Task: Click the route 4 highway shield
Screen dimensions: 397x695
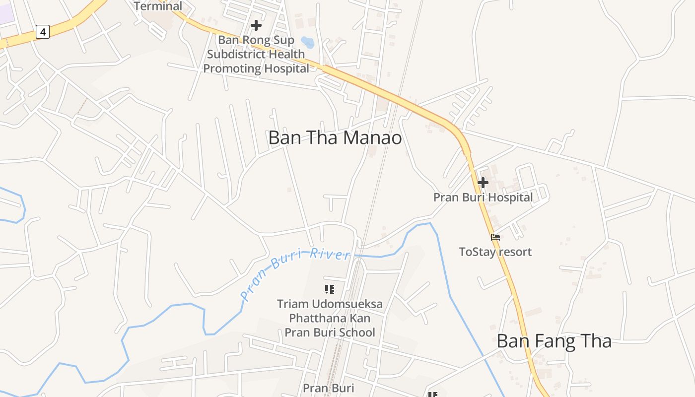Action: tap(43, 32)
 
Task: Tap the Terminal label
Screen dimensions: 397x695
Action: tap(158, 6)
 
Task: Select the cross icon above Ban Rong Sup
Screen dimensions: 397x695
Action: tap(256, 25)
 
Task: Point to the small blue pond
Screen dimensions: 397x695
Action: tap(308, 43)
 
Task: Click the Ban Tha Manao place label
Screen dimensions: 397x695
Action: tap(335, 138)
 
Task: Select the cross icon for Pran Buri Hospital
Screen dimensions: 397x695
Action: tap(483, 183)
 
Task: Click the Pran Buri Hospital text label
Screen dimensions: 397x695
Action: tap(483, 198)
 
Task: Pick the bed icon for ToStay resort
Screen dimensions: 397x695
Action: tap(495, 237)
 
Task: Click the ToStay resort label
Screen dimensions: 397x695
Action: tap(495, 252)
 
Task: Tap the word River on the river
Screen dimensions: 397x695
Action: tap(330, 255)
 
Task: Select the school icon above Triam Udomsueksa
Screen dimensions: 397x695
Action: tap(329, 289)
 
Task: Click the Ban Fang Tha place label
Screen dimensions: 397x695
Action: tap(554, 341)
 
